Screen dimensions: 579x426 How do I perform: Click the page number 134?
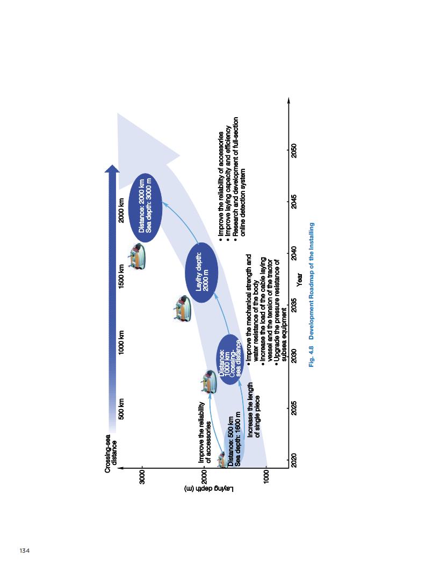click(24, 550)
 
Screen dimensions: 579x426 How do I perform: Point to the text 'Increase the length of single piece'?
click(254, 411)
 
